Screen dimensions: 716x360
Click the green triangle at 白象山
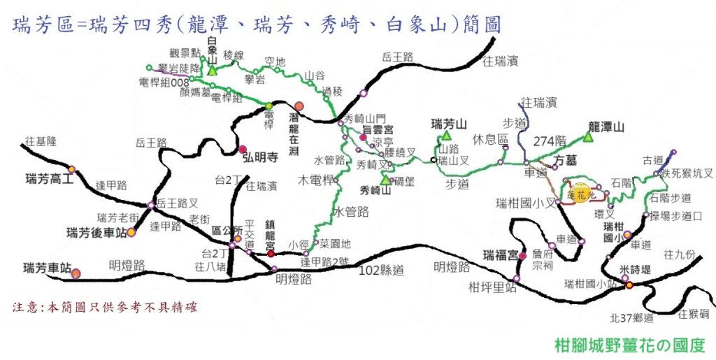(213, 71)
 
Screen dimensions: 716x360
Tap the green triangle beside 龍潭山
(588, 138)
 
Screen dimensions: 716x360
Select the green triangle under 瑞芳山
(445, 135)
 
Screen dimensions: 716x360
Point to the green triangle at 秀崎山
(385, 180)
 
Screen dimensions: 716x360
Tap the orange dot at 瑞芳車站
(76, 273)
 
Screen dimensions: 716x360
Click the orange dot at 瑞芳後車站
(131, 231)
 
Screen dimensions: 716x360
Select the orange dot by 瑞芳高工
(71, 169)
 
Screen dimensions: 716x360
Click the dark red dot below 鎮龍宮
(271, 253)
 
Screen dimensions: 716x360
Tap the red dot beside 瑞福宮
(522, 256)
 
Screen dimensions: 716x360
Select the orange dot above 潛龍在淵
(299, 106)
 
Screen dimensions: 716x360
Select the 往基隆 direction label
(39, 141)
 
